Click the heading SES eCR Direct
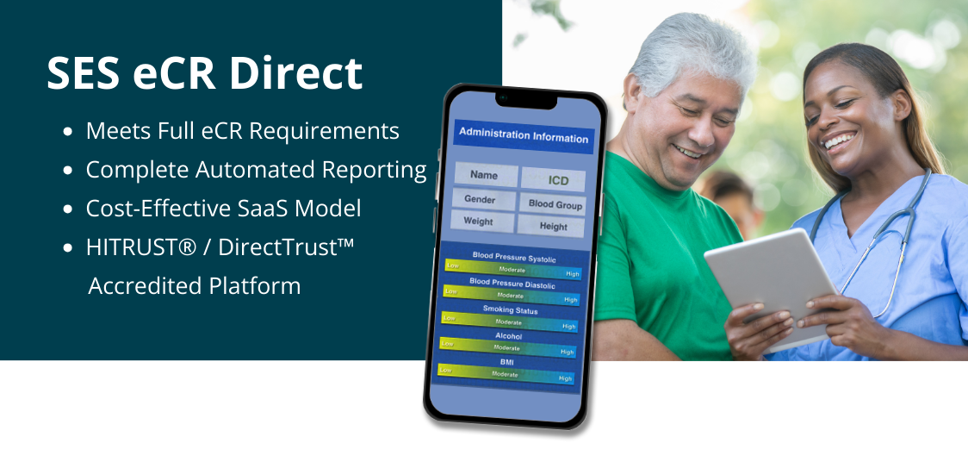(204, 73)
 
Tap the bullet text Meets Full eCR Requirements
(243, 131)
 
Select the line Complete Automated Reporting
(256, 170)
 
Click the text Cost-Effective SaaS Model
(223, 208)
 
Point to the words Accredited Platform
(195, 286)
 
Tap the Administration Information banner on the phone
(524, 136)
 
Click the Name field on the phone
(485, 175)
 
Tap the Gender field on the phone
(481, 199)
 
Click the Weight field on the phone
(480, 222)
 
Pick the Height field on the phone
(551, 226)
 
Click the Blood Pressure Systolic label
(513, 257)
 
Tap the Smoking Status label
(510, 309)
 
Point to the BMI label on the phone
(506, 362)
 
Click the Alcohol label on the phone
(509, 336)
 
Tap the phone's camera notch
(526, 100)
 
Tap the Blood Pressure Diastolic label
(512, 283)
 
